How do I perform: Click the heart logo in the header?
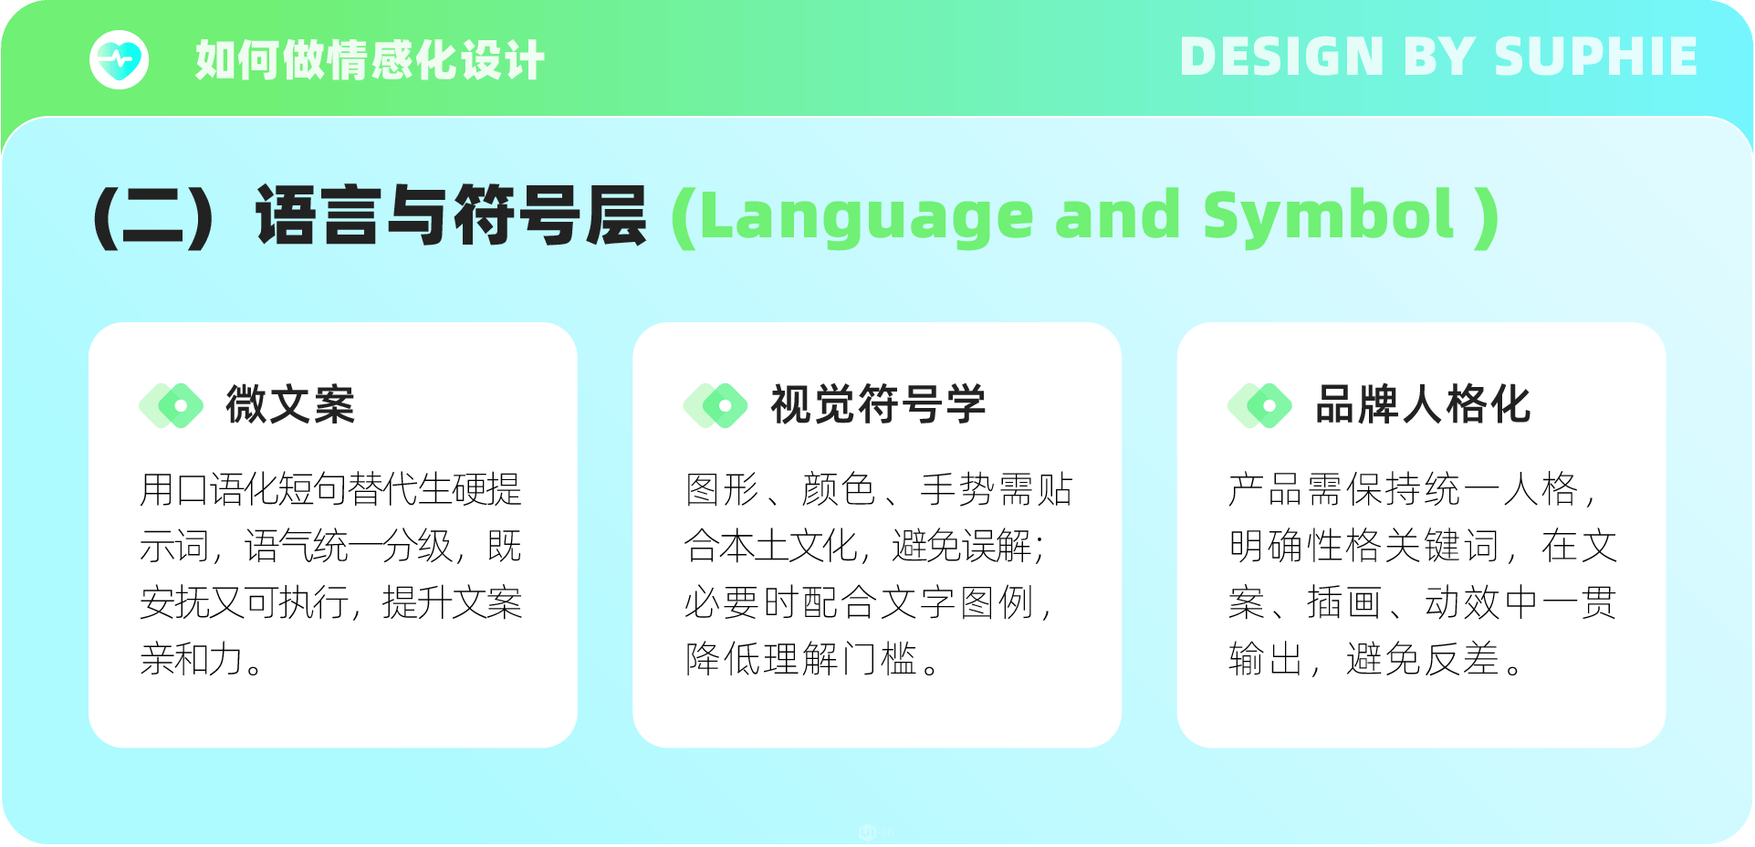[x=119, y=60]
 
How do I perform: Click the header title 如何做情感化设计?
[x=370, y=60]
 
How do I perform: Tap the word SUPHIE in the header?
[x=1595, y=57]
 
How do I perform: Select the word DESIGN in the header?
[x=1282, y=57]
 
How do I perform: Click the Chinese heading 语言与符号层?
[x=452, y=215]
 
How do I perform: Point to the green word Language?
[x=865, y=217]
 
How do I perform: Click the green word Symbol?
[x=1328, y=217]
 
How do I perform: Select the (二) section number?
[x=153, y=217]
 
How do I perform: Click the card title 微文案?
[x=290, y=404]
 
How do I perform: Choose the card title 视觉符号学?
[x=878, y=404]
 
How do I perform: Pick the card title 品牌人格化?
[x=1423, y=404]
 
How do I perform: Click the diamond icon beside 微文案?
[x=172, y=405]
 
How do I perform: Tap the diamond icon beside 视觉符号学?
[x=716, y=405]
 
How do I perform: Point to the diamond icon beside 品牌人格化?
[x=1260, y=405]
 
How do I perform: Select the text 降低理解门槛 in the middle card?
[x=800, y=659]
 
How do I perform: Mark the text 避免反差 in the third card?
[x=1423, y=659]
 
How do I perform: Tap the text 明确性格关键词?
[x=1364, y=546]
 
